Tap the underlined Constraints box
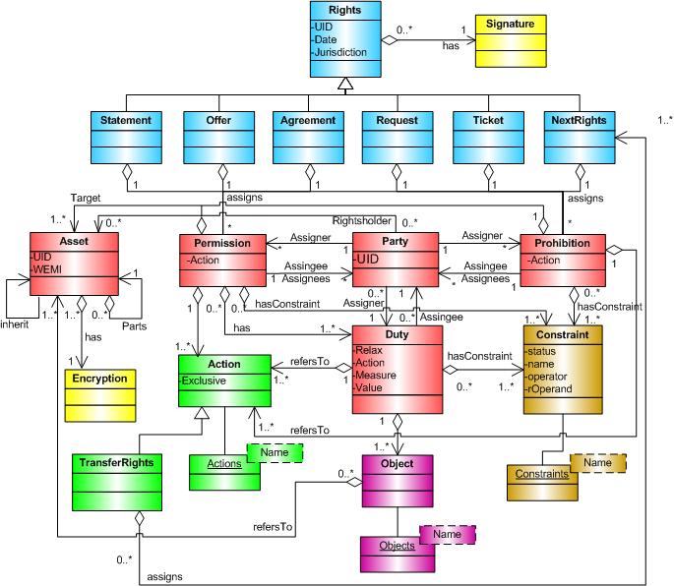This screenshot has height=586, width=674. pyautogui.click(x=538, y=474)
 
